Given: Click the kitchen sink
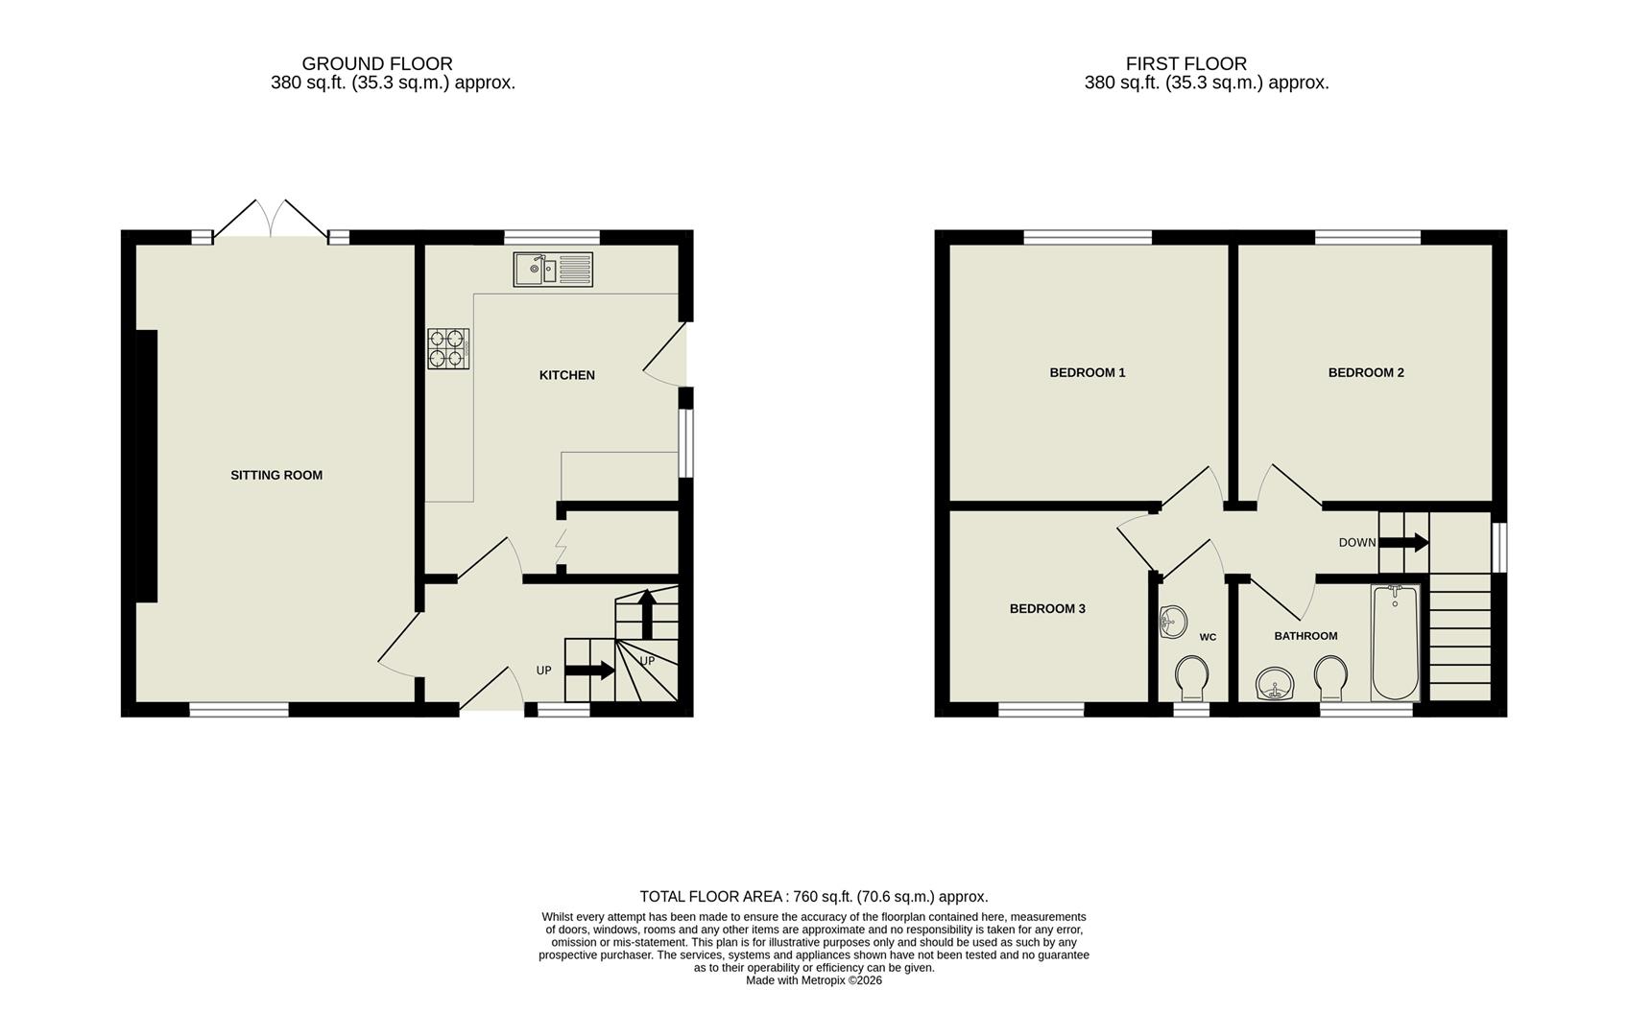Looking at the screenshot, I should (x=553, y=270).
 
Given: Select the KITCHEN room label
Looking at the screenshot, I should (x=566, y=375).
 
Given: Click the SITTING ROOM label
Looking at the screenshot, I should (x=276, y=475).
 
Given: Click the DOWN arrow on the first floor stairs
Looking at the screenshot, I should (x=1404, y=542).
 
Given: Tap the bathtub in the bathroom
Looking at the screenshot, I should (x=1395, y=642).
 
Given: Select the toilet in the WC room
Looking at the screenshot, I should (x=1191, y=677).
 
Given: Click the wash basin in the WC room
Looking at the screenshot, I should (x=1172, y=622).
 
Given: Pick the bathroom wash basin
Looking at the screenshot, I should (x=1276, y=684).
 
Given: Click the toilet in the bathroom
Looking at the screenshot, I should (x=1331, y=677).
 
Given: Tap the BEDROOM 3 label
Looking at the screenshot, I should (x=1047, y=608).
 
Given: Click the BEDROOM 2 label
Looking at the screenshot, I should (x=1366, y=372).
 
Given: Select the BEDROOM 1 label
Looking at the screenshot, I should (x=1087, y=372).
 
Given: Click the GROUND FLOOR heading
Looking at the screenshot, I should (x=377, y=63).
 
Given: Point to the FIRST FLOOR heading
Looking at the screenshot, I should (x=1186, y=63).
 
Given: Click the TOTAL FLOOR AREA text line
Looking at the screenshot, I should (x=813, y=897).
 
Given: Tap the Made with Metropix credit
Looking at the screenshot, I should (x=813, y=980).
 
